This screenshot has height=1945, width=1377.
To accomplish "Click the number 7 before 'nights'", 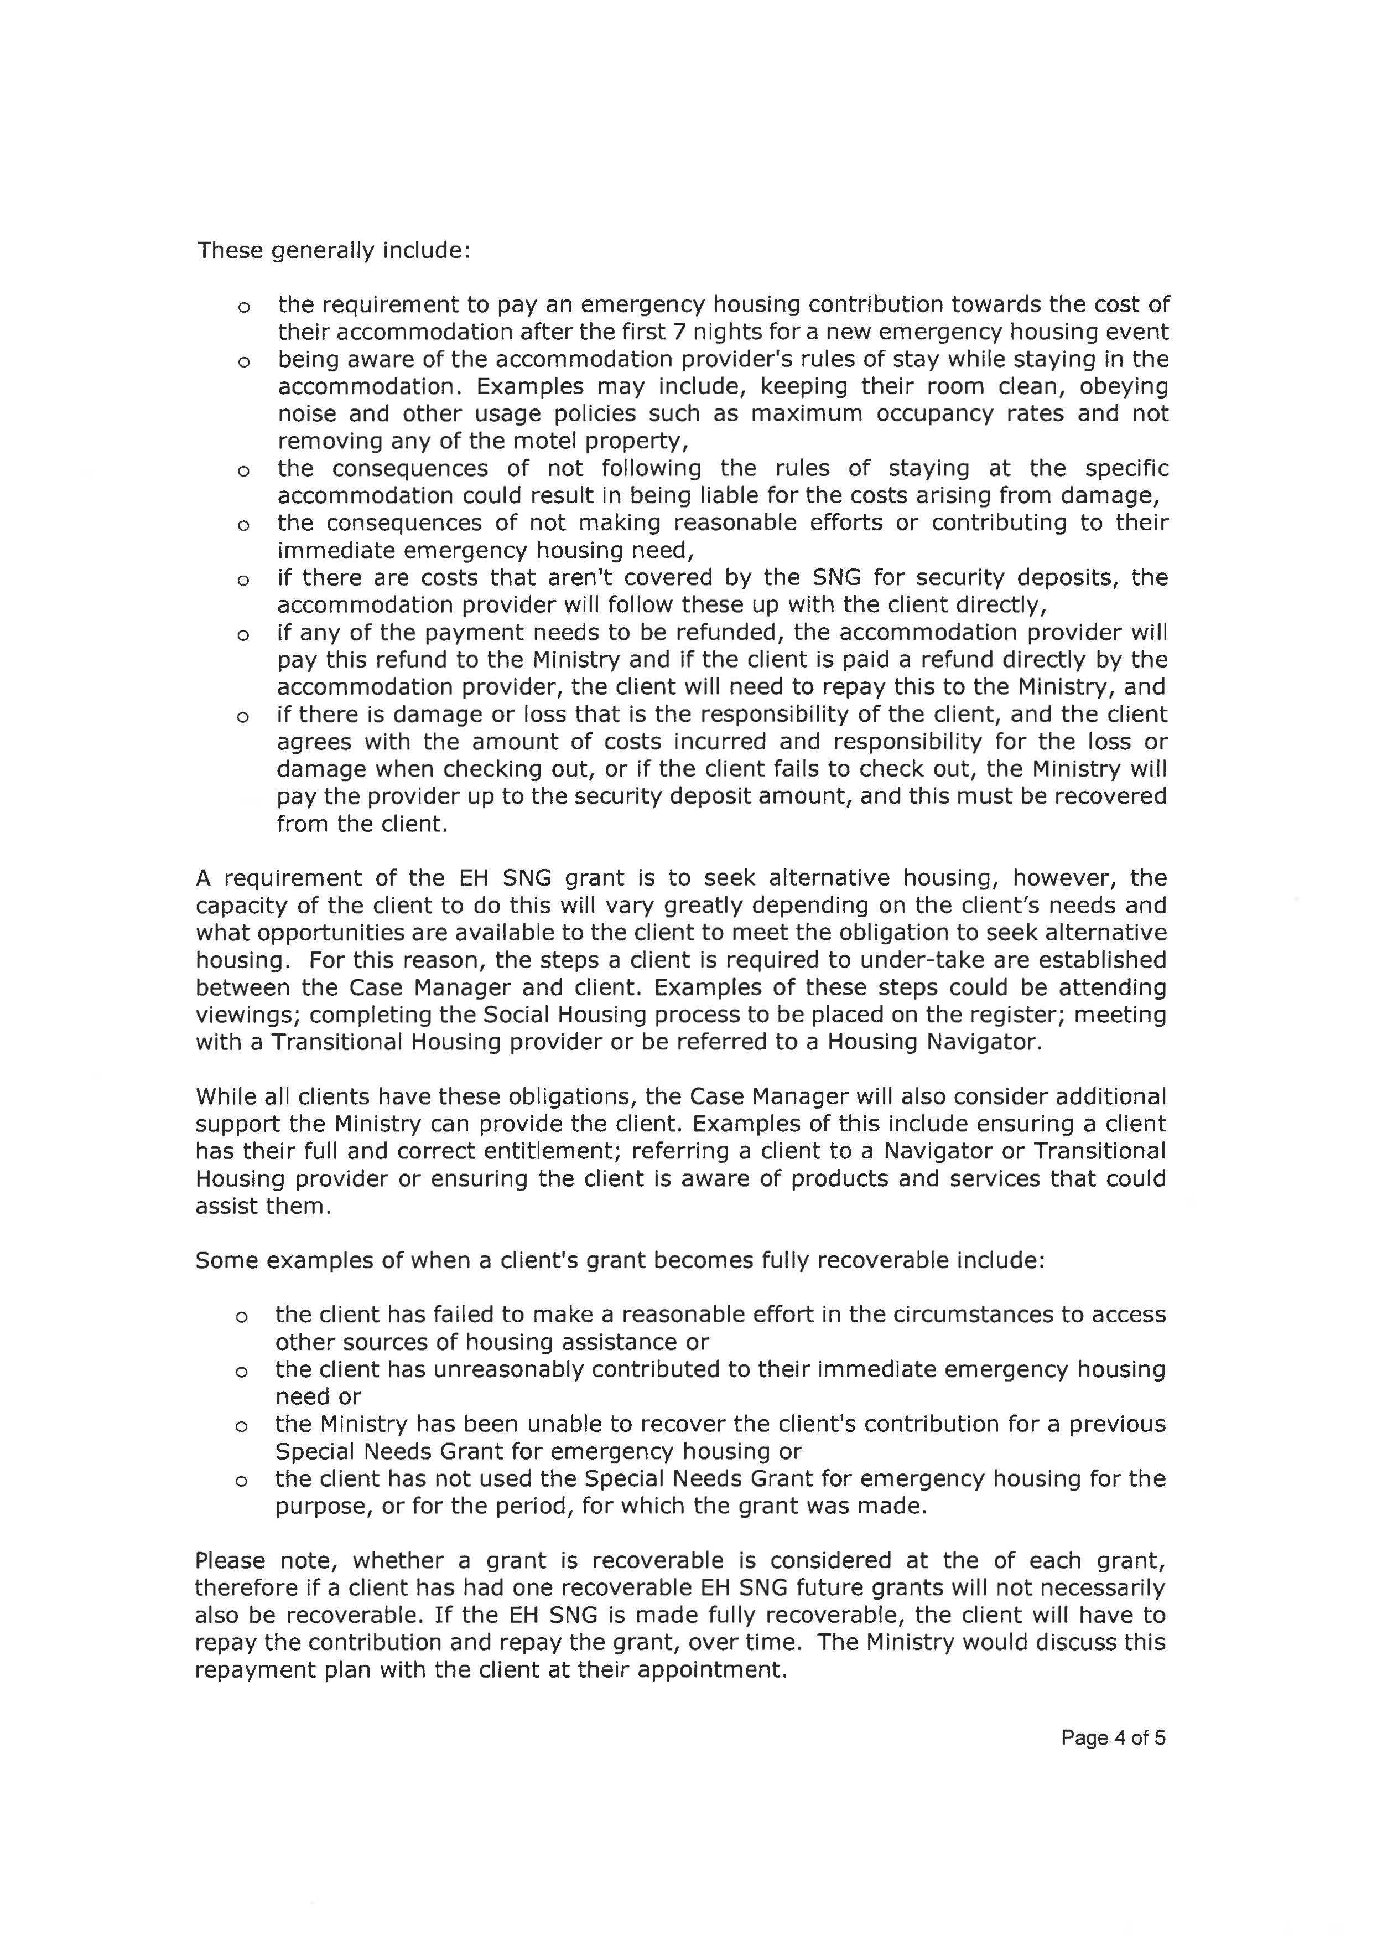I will (x=678, y=332).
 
